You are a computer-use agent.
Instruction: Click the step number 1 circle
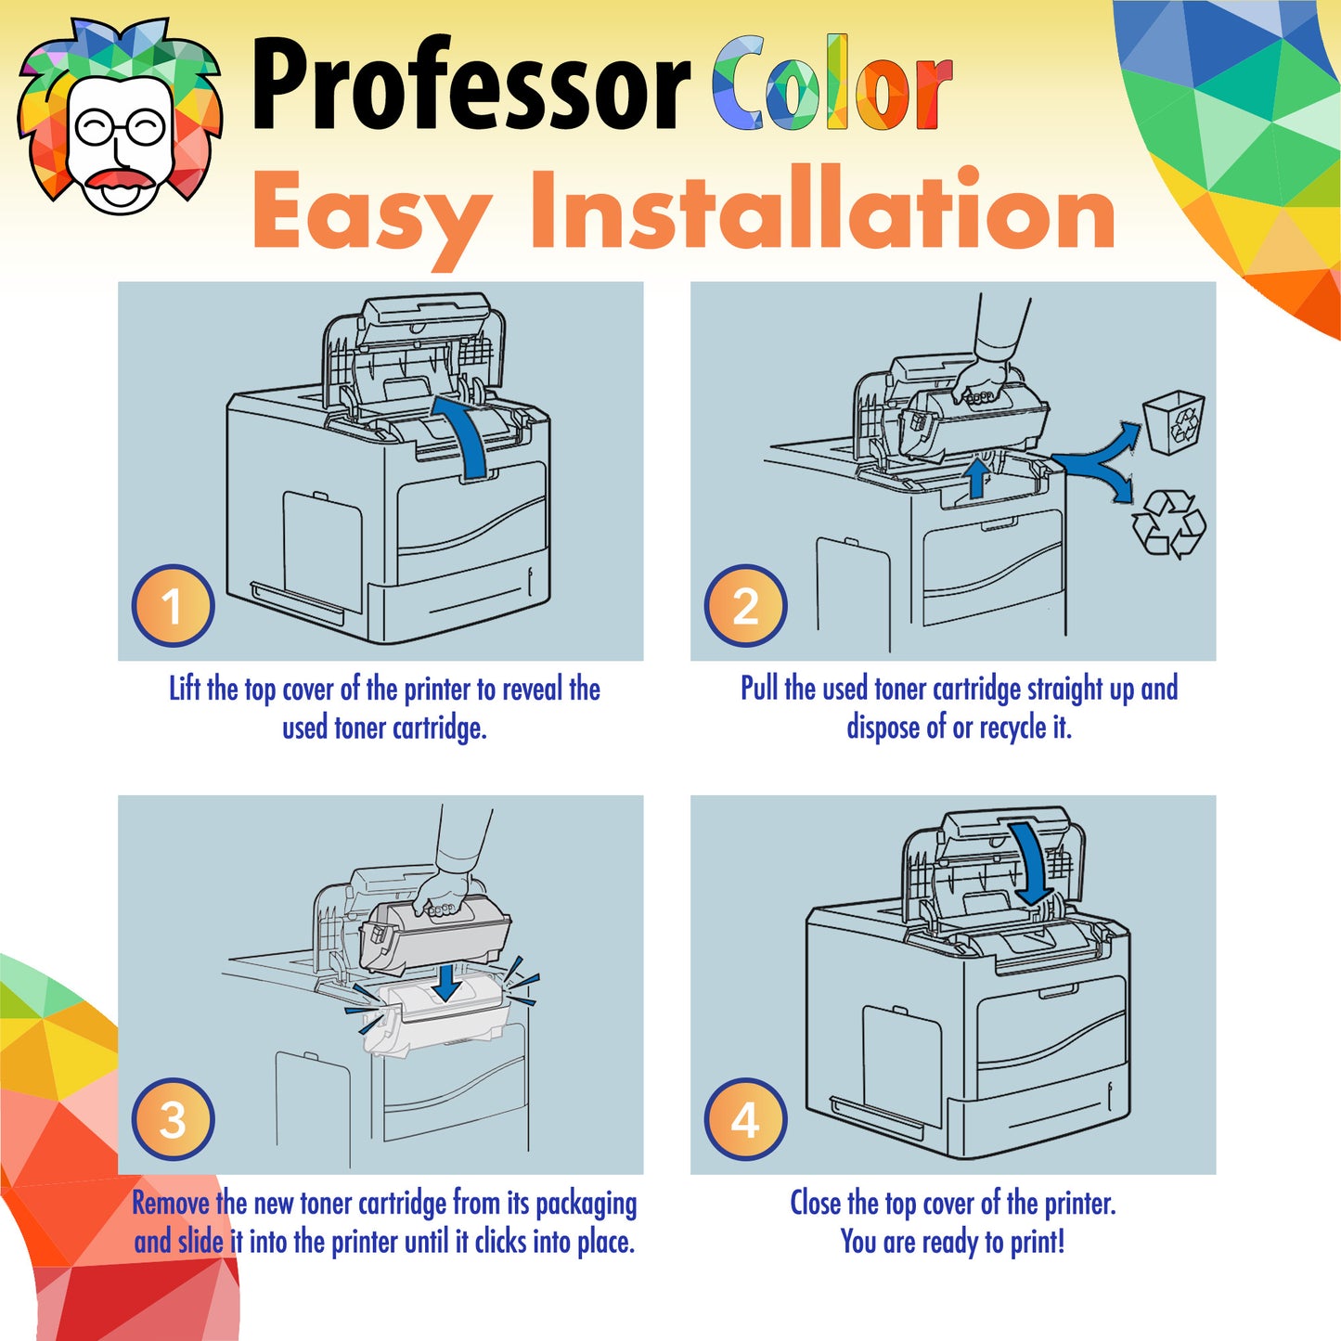174,605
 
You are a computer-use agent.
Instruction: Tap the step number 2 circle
745,605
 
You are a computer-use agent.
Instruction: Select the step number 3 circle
174,1119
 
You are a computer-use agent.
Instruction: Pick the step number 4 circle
745,1119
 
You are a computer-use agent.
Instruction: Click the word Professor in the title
471,84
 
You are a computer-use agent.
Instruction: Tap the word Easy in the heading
371,216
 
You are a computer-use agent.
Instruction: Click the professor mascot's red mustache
121,179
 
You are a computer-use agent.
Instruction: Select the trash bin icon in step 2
1175,421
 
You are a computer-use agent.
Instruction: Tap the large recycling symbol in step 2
1169,524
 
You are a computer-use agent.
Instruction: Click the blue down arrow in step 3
445,984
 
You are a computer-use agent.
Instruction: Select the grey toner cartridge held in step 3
434,935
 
